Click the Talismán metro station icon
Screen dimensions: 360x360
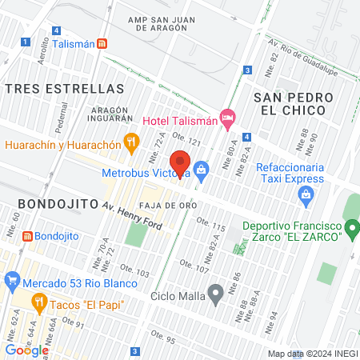click(103, 45)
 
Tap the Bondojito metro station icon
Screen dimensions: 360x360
click(28, 237)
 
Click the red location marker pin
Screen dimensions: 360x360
click(181, 163)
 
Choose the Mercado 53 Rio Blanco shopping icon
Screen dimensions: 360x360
click(11, 281)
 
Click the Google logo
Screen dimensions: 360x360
click(26, 350)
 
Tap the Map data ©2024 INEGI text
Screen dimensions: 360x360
click(312, 354)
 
